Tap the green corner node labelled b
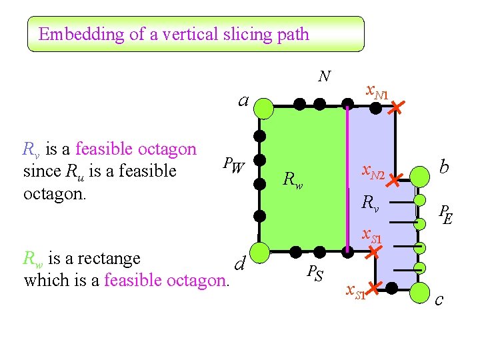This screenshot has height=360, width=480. click(420, 177)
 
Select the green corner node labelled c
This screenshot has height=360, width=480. click(420, 293)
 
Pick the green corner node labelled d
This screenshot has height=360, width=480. click(261, 251)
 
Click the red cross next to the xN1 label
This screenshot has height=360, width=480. click(396, 107)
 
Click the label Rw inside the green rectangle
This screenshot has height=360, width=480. click(293, 179)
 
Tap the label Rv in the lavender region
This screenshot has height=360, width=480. click(371, 203)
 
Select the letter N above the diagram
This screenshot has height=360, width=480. click(324, 77)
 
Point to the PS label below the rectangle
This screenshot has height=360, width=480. click(315, 273)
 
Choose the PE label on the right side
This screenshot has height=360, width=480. click(445, 214)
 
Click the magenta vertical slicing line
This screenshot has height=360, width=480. click(347, 180)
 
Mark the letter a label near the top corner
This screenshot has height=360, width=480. click(244, 101)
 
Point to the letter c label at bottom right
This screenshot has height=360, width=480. click(439, 301)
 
